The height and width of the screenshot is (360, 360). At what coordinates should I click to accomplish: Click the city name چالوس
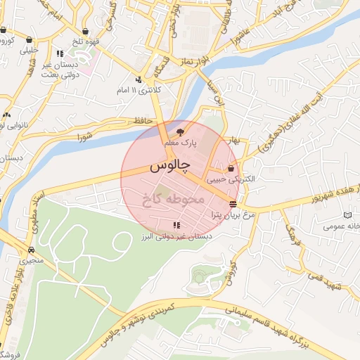169,166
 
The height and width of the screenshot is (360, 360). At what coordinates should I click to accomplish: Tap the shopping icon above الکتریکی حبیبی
231,169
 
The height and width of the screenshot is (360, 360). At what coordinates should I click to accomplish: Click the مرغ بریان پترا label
229,214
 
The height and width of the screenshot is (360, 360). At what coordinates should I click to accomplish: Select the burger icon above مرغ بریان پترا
233,203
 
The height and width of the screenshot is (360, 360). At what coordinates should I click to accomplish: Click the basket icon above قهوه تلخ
86,32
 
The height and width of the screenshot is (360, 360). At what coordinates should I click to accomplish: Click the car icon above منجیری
32,250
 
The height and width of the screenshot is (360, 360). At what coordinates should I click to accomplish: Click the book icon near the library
348,215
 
